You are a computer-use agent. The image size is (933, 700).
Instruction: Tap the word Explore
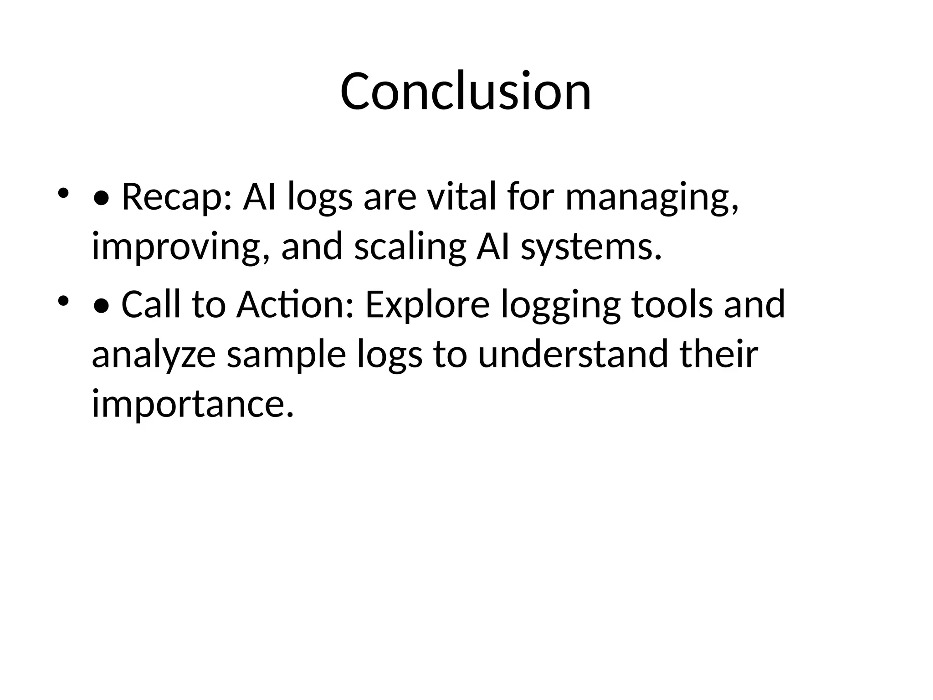(x=427, y=304)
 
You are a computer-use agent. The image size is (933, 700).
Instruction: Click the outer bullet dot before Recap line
(x=63, y=193)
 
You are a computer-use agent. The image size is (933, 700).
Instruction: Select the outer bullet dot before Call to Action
(x=63, y=300)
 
